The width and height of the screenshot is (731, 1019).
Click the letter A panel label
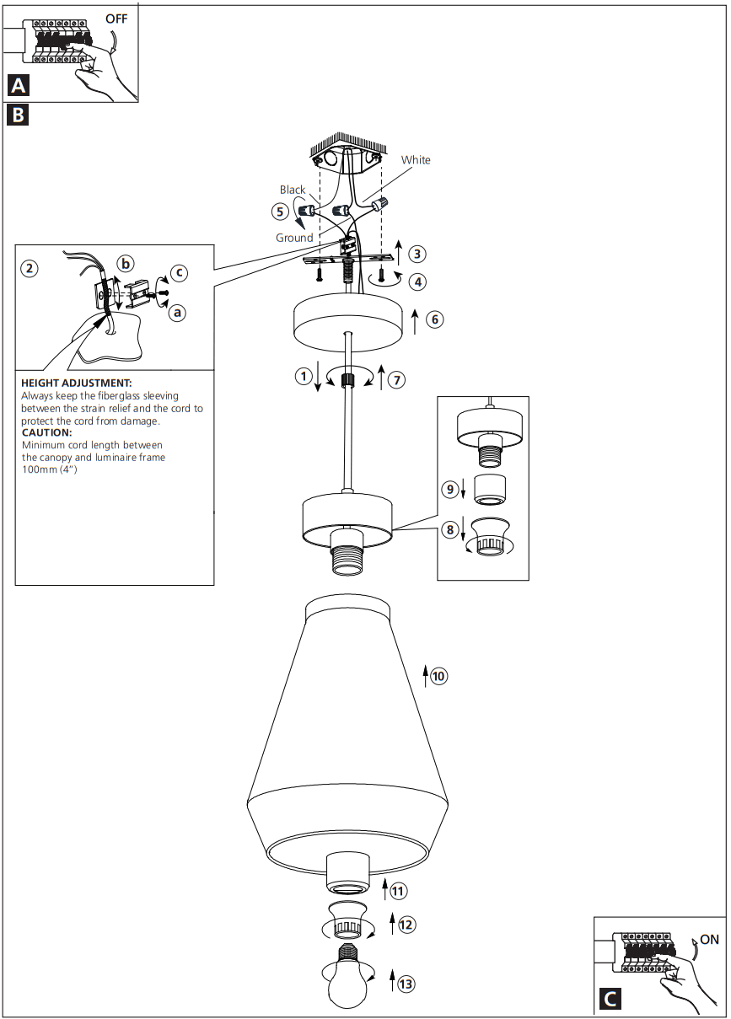[x=19, y=85]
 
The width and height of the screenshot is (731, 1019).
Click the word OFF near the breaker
[x=116, y=19]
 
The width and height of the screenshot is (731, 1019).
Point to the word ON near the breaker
[x=709, y=939]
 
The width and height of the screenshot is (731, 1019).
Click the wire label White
[x=416, y=160]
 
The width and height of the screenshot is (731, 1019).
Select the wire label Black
[x=293, y=190]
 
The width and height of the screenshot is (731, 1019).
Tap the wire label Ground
[x=294, y=238]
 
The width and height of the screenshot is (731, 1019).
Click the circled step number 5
[x=281, y=212]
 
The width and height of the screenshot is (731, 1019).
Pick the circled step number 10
[x=438, y=676]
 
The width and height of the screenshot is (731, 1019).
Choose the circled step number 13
[x=406, y=984]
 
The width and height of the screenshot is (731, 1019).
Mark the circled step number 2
[x=30, y=269]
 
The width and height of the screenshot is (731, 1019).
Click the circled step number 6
[x=435, y=319]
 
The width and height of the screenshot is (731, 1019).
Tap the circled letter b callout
[x=125, y=264]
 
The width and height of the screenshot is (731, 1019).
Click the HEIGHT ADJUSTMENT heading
[x=77, y=383]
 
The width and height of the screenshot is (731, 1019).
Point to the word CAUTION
[x=47, y=432]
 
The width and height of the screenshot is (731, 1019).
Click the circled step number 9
[x=450, y=488]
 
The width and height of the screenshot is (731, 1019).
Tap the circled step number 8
[x=450, y=530]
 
